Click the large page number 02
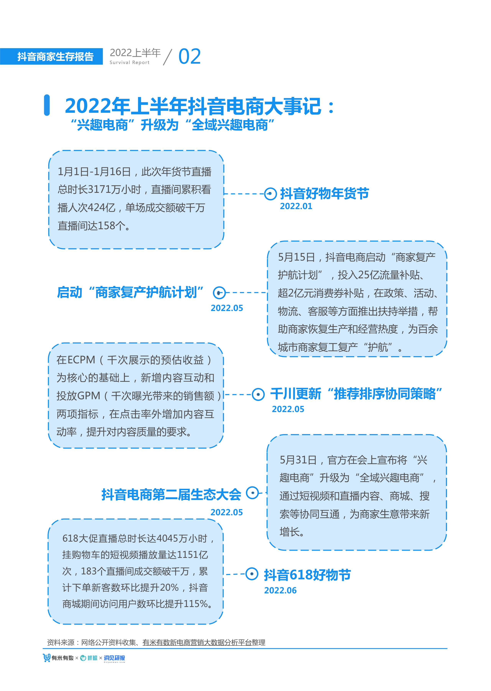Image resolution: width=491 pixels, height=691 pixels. click(189, 57)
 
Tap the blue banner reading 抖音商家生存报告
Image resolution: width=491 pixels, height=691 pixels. click(51, 57)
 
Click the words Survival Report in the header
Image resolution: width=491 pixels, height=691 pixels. click(129, 62)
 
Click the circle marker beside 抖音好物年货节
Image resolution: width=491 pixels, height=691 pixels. click(270, 194)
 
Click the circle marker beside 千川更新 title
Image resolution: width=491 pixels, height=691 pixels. click(258, 394)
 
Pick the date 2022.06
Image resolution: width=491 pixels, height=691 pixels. click(280, 591)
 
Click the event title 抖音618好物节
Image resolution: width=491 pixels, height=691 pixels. click(307, 575)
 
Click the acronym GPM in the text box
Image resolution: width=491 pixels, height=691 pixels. click(89, 396)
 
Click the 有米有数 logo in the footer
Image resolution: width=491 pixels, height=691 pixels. click(58, 658)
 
